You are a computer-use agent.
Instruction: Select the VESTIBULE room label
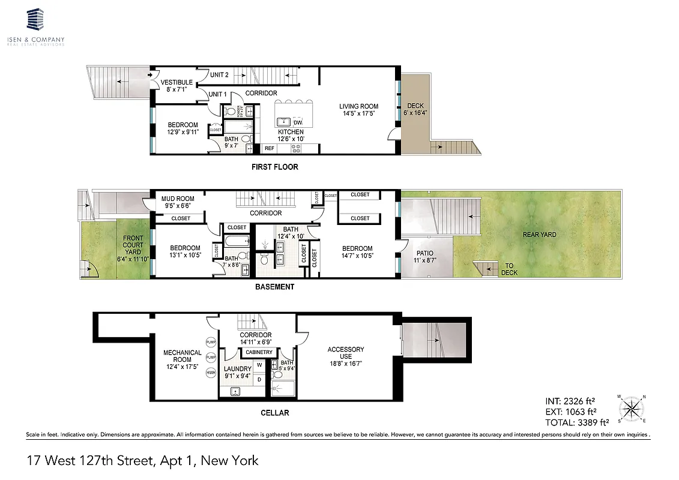click(177, 82)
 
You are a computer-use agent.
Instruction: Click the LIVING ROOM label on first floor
click(358, 107)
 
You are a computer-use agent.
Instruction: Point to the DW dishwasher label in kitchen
click(298, 122)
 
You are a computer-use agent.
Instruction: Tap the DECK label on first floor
click(415, 107)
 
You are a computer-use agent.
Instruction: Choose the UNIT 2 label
click(219, 75)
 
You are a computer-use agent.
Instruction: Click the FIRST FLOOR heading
click(274, 167)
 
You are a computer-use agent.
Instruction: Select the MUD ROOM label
click(178, 199)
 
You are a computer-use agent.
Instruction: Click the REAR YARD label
click(539, 235)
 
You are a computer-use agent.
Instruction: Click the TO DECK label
click(509, 269)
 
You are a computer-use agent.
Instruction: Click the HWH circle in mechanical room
click(211, 373)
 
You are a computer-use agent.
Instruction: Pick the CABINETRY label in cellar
click(259, 352)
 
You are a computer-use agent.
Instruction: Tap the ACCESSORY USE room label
click(346, 353)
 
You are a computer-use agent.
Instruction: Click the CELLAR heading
click(275, 413)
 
